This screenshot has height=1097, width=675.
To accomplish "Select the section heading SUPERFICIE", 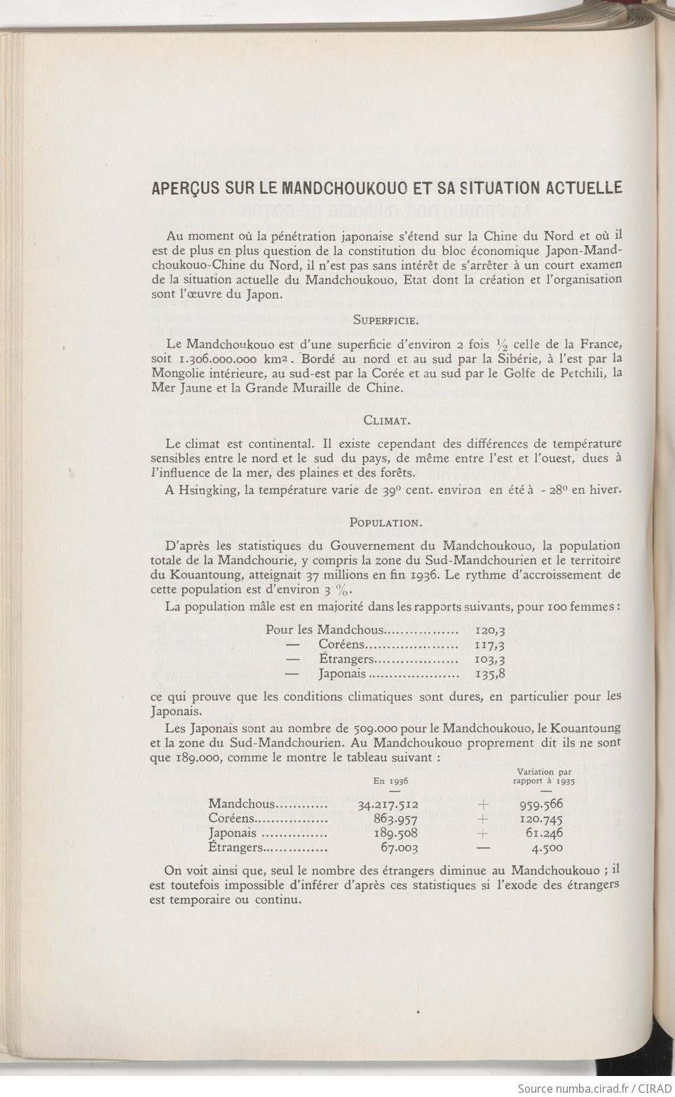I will [385, 321].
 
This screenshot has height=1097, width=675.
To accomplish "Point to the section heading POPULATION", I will [386, 522].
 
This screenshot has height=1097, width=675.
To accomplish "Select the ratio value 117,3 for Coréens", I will [490, 644].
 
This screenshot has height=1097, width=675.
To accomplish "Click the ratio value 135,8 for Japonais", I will [490, 675].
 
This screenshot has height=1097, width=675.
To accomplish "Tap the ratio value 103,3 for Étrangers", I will [490, 659].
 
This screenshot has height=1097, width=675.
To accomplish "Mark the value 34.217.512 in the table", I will [388, 805].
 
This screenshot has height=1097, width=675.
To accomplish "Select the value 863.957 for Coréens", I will [397, 819].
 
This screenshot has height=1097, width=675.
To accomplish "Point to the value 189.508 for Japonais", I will [397, 834].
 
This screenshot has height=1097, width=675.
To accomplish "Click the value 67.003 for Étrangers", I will [400, 848].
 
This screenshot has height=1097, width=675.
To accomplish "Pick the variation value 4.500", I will [547, 848].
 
